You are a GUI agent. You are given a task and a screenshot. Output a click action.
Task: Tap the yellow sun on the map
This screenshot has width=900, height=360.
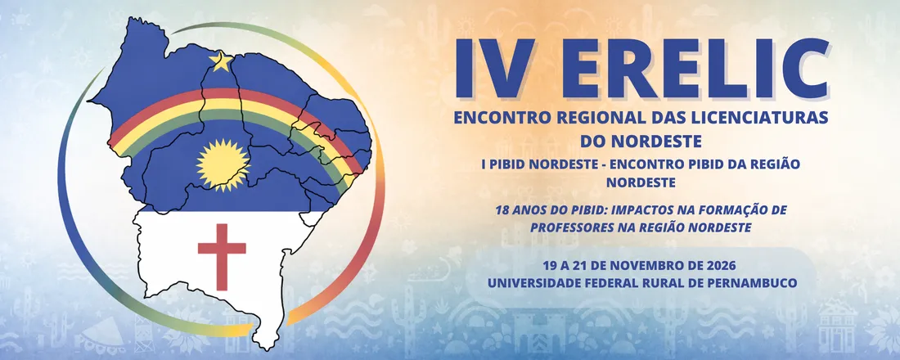pos(221,161)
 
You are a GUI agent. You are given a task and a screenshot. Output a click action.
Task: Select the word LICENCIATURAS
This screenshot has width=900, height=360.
pos(761,118)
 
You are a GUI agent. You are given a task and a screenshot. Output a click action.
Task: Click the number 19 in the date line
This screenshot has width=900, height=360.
pos(550,265)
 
